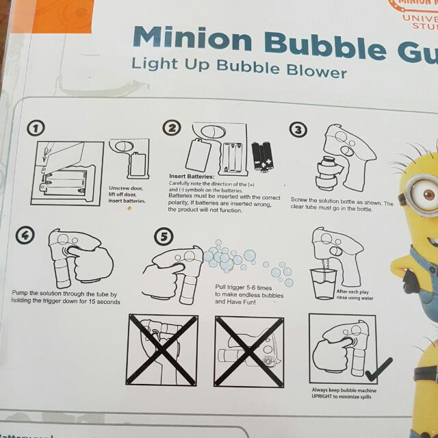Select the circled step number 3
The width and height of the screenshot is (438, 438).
298,129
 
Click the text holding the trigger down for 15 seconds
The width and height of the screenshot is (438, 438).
66,302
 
